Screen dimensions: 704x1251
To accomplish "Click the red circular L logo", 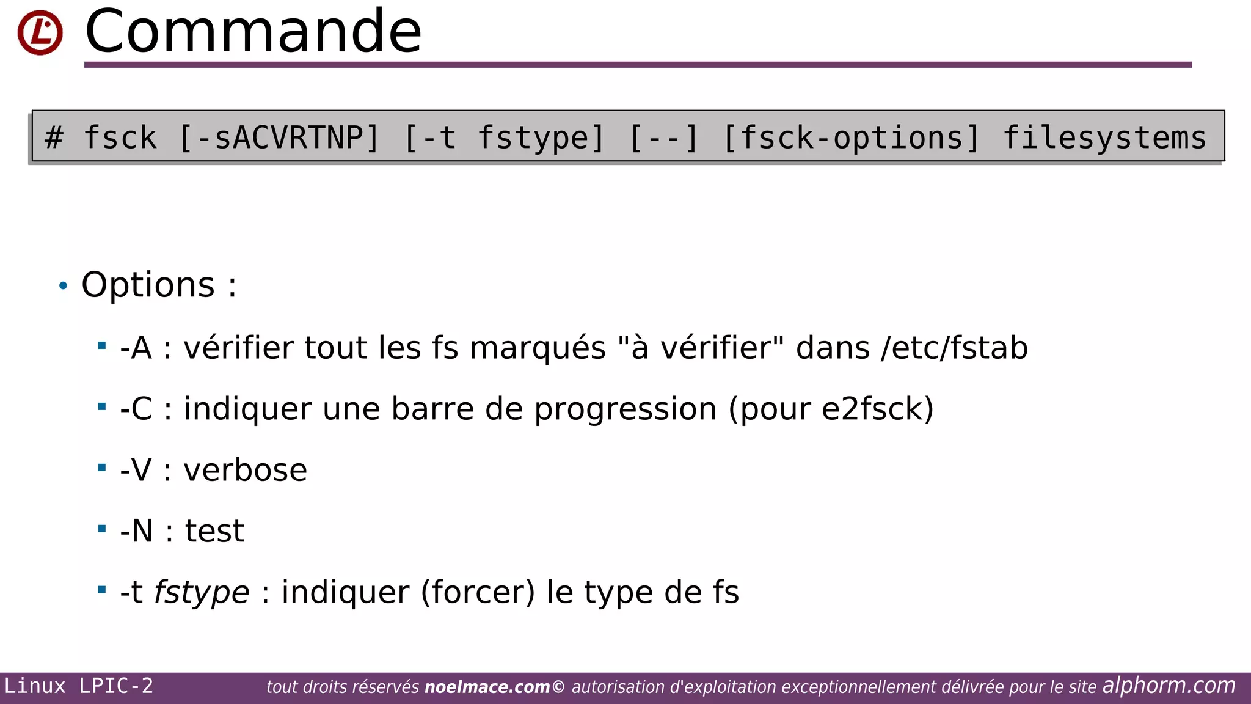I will click(40, 32).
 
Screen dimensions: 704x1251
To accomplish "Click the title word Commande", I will click(253, 31).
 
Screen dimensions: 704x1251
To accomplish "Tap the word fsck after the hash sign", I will click(120, 137).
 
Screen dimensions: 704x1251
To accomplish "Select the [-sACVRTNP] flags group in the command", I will click(280, 137).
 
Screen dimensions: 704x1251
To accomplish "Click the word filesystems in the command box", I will click(1104, 137).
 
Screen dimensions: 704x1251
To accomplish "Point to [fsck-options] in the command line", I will click(852, 137).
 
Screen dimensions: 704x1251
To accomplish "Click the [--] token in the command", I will click(663, 137).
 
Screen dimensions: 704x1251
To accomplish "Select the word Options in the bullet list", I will click(148, 285).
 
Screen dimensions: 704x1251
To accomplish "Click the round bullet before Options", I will click(63, 285).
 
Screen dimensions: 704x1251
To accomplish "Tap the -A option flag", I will click(136, 348).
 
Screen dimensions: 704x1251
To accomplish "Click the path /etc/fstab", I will click(954, 348).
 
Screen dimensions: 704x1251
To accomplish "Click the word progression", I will click(625, 409).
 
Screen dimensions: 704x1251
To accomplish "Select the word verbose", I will click(245, 470).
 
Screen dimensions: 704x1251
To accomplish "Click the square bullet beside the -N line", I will click(102, 529).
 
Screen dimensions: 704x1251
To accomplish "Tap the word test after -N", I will click(214, 531).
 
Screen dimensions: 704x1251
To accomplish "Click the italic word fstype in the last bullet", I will click(202, 592).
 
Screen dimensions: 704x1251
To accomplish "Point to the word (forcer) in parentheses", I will click(478, 592).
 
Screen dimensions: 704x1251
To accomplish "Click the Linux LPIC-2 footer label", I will click(79, 686).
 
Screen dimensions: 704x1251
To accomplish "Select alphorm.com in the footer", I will click(1169, 686).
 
